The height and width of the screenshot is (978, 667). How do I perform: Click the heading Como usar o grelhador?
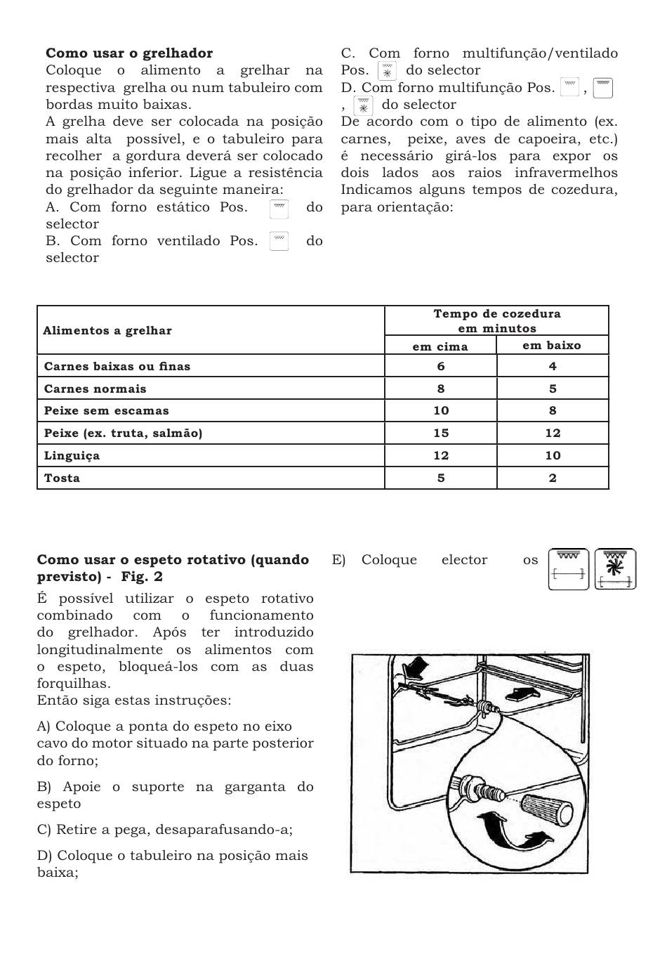coord(129,53)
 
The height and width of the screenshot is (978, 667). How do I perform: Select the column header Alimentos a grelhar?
coord(107,331)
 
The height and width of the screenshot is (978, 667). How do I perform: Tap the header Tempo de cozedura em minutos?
coord(497,321)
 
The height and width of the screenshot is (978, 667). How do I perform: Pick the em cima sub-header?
coord(440,346)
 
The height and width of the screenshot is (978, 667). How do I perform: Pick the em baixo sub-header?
coord(552,345)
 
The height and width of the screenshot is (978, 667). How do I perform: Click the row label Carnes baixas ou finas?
coord(117,366)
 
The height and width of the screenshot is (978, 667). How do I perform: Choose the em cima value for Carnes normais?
coord(440,389)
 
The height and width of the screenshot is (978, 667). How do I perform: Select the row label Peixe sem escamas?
coord(107,410)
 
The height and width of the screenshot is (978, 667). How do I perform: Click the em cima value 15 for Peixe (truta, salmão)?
coord(441,433)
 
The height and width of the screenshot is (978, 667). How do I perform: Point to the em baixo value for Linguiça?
coord(553,455)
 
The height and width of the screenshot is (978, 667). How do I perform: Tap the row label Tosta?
coord(62,478)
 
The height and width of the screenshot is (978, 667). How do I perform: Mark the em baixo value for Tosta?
coord(553,478)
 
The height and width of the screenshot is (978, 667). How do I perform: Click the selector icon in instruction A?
coord(279,208)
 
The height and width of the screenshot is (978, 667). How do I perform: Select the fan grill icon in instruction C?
coord(387,71)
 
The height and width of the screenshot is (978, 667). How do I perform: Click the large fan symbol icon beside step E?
coord(615,568)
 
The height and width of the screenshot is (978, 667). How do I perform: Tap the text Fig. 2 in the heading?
coord(142,577)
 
